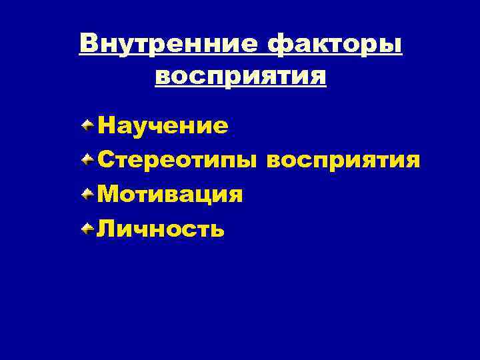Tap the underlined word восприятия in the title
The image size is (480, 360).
(241, 77)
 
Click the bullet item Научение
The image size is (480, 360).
(163, 125)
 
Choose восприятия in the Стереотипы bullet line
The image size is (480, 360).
(343, 161)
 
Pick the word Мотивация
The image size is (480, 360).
(169, 195)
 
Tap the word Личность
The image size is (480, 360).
(161, 230)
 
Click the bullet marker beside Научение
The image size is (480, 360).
(88, 124)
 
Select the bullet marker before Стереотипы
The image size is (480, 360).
(88, 159)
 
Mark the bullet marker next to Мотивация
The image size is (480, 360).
(88, 194)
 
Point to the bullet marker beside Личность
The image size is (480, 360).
(88, 229)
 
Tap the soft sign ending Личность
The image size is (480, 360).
(217, 231)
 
